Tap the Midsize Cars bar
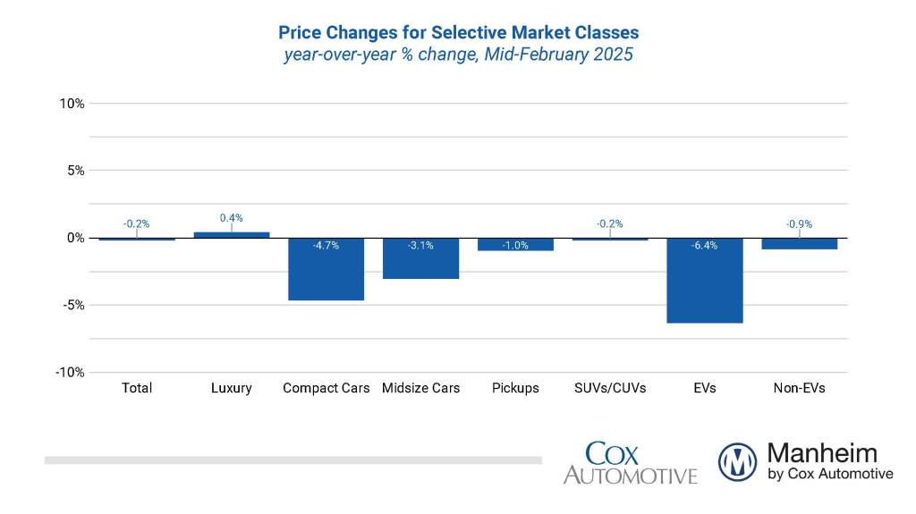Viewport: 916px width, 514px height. tap(420, 258)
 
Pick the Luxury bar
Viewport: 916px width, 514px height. tap(232, 235)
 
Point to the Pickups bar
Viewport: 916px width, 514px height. tap(515, 244)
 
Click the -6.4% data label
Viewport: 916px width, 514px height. tap(705, 245)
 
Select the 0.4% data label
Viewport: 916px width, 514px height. tap(232, 217)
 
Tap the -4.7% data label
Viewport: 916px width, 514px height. tap(326, 245)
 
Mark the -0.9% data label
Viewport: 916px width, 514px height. tap(800, 223)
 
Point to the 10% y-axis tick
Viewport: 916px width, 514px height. tap(72, 104)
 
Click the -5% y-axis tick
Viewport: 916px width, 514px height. tap(72, 305)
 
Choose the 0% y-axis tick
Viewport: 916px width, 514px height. tap(75, 238)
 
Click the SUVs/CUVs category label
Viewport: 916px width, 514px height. tap(609, 388)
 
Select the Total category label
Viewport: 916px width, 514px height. tap(137, 388)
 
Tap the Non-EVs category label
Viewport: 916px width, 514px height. tap(799, 388)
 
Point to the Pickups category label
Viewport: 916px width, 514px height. tap(515, 388)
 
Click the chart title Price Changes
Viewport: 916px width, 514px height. tap(458, 33)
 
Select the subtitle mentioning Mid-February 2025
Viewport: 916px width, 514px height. tap(458, 55)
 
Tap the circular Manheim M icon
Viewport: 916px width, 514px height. tap(737, 462)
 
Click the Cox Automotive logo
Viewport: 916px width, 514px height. tap(630, 462)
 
